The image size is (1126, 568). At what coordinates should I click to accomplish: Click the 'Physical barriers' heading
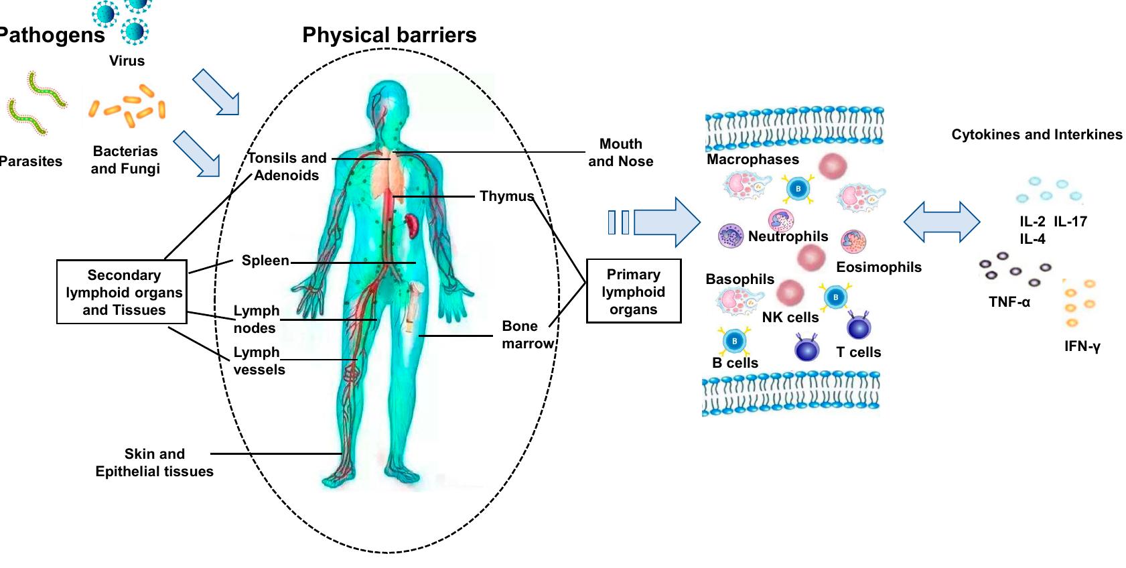389,35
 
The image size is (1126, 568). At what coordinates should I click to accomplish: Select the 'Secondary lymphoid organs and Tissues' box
122,293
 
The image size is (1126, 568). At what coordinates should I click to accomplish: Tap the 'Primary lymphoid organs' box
634,291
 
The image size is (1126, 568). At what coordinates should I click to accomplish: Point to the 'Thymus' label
506,196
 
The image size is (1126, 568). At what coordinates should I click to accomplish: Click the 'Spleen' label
265,261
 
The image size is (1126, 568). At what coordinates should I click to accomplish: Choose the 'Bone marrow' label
527,335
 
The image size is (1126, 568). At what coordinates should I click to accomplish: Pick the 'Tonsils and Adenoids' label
287,167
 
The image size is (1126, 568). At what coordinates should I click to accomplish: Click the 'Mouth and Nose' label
620,153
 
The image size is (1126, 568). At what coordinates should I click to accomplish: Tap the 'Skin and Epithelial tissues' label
154,463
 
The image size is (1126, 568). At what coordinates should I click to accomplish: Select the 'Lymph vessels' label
259,361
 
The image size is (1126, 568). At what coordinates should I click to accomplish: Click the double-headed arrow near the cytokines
941,222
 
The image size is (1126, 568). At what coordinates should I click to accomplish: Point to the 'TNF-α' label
1009,302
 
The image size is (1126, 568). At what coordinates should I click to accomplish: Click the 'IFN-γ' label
1082,346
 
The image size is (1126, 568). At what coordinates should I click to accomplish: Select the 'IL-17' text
1070,222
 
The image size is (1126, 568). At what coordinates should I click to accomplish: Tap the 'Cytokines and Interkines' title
1036,135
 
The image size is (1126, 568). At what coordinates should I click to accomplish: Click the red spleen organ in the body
413,225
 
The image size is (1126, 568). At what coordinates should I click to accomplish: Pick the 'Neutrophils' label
788,236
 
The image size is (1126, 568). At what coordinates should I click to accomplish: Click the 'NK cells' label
790,317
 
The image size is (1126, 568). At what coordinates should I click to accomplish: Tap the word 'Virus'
127,61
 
